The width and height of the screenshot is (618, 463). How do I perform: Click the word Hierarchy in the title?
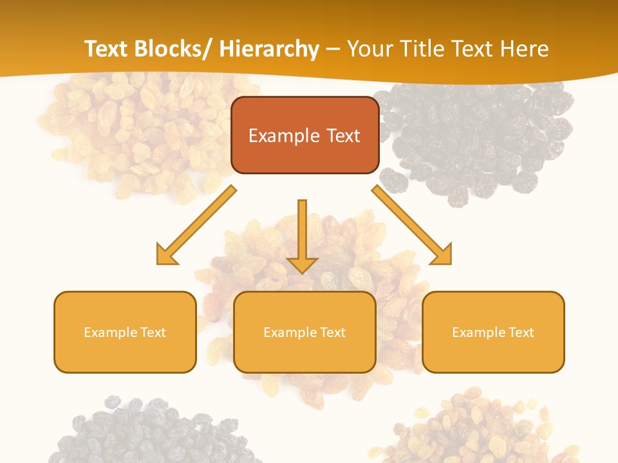269,49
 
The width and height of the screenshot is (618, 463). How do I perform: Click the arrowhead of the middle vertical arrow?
302,264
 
